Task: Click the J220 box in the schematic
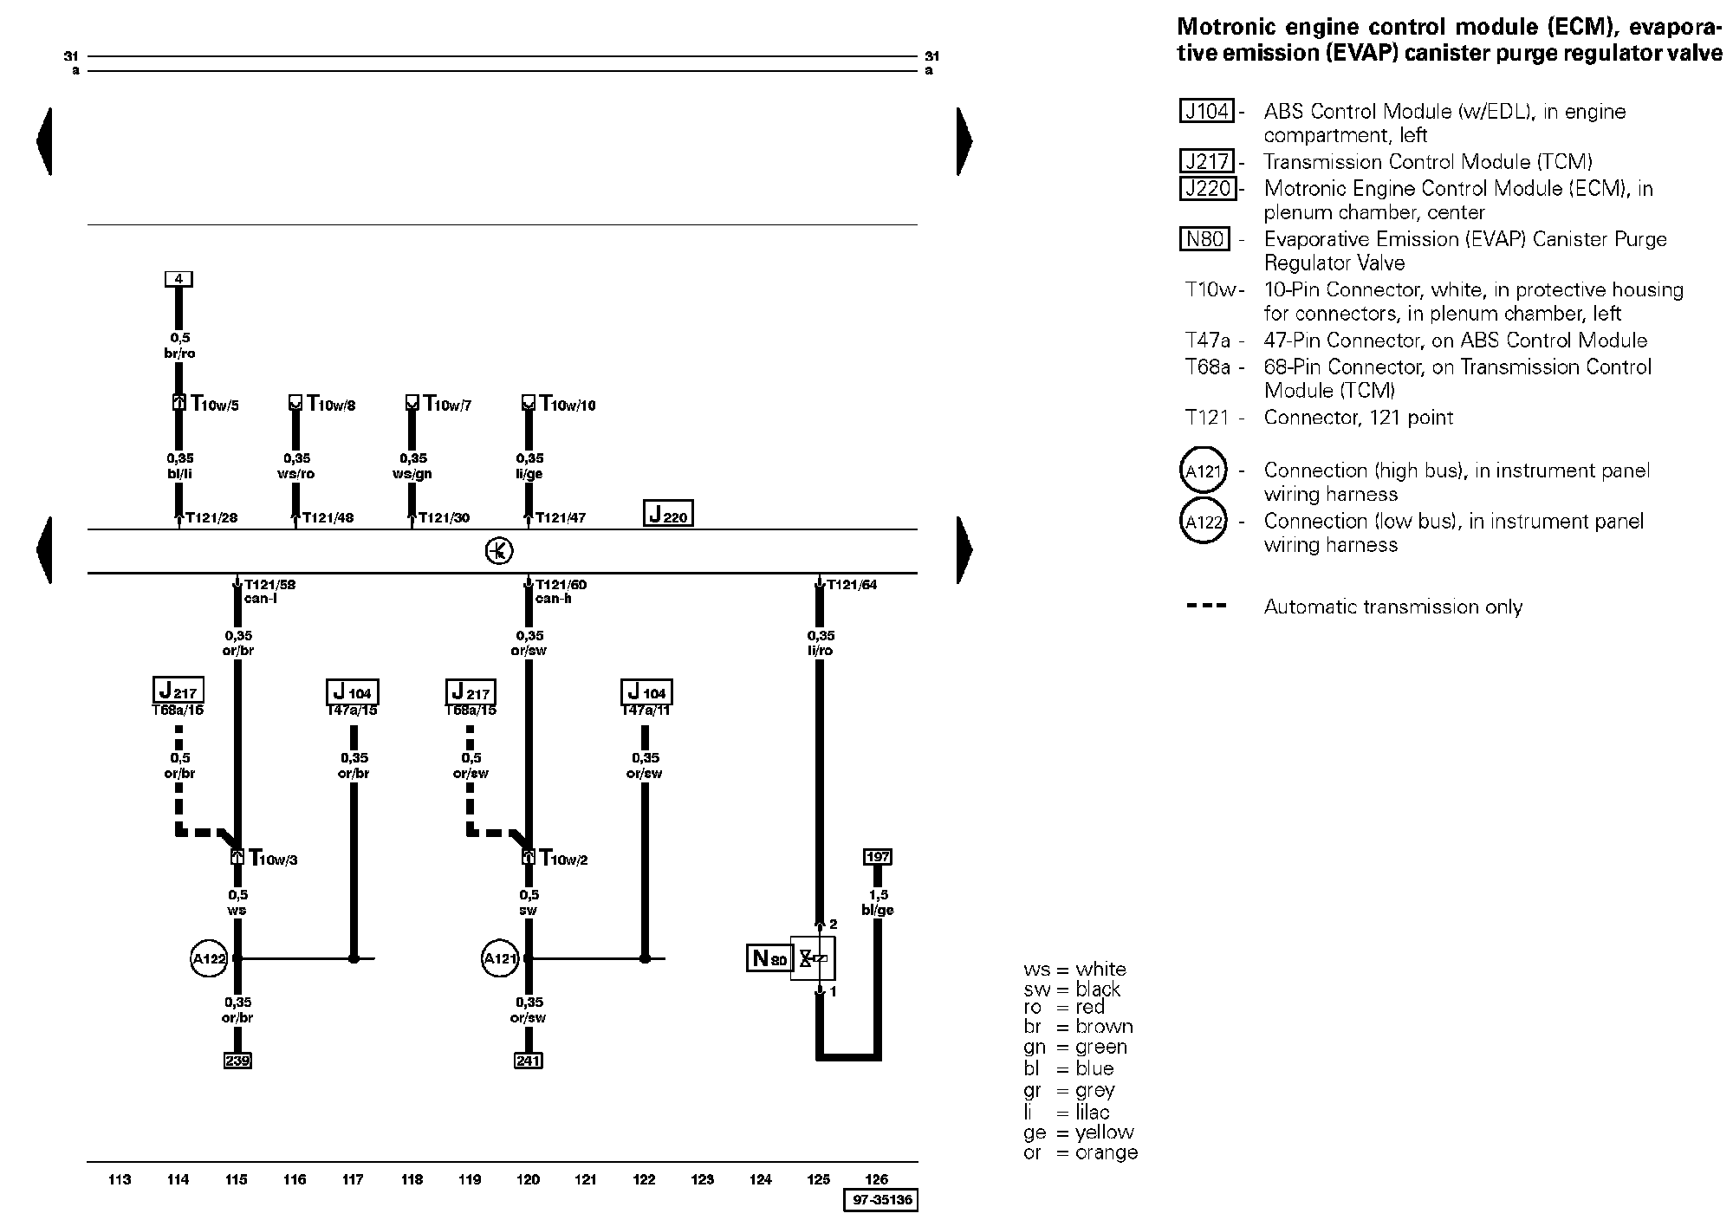(668, 514)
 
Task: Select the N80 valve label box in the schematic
(769, 957)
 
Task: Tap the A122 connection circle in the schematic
(209, 959)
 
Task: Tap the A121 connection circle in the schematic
(500, 959)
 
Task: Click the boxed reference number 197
(878, 857)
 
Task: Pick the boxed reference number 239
(237, 1060)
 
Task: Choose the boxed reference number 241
(529, 1060)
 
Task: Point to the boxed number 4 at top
(178, 279)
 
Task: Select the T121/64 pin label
(851, 585)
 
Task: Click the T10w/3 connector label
(273, 859)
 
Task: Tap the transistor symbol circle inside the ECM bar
(499, 551)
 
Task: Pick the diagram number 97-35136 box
(880, 1201)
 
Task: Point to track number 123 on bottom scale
(703, 1179)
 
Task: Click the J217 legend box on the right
(1207, 162)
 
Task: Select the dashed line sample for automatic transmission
(1206, 607)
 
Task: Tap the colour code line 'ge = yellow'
(1078, 1132)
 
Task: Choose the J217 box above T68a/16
(178, 691)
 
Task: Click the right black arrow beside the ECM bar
(964, 550)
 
